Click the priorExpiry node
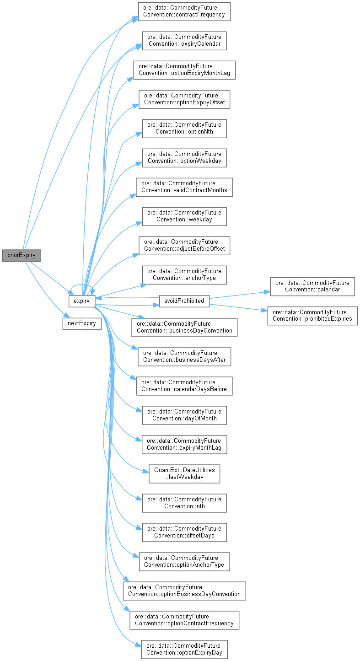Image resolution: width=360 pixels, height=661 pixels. (21, 255)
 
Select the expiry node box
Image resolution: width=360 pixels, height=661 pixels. (82, 301)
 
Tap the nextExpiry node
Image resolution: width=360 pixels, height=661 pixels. (82, 323)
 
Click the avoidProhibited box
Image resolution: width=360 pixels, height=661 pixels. (184, 301)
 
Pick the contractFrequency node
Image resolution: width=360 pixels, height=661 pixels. (184, 11)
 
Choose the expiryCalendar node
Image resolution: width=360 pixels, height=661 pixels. (184, 40)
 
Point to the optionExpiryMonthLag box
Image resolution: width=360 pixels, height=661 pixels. (184, 70)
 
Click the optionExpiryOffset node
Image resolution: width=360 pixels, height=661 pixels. (184, 99)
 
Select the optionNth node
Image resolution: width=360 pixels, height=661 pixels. (184, 128)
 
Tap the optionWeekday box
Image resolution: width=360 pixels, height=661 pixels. (184, 157)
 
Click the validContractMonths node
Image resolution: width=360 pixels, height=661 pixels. (184, 187)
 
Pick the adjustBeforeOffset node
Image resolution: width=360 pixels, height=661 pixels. (184, 245)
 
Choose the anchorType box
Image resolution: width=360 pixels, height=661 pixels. (184, 274)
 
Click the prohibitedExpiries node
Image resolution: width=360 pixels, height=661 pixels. (312, 316)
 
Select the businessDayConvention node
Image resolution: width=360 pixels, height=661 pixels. (184, 327)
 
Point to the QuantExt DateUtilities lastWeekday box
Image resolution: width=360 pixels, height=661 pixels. (184, 473)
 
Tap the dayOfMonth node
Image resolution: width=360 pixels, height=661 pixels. (184, 415)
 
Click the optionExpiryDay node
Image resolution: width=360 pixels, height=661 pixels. (184, 649)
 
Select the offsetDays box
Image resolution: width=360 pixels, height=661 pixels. (184, 532)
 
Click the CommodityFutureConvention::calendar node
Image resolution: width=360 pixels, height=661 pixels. (312, 286)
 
